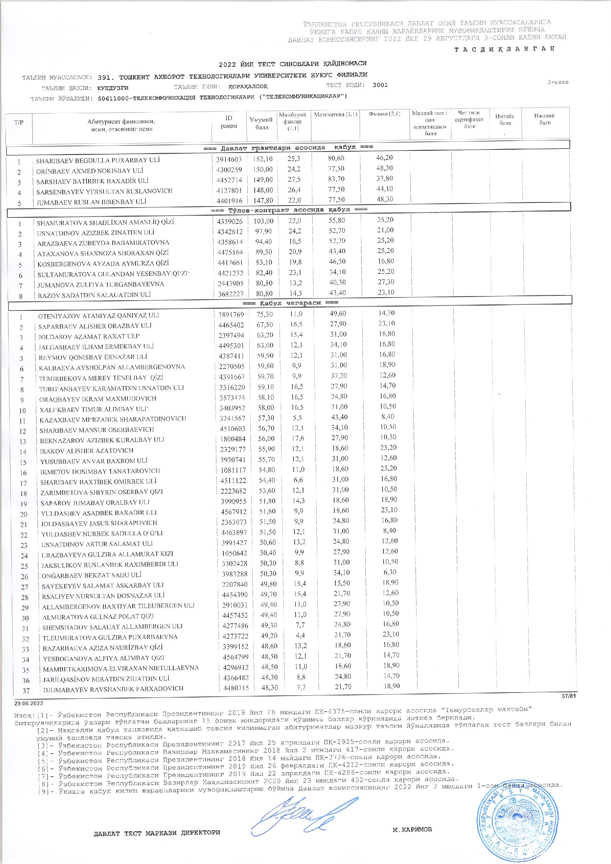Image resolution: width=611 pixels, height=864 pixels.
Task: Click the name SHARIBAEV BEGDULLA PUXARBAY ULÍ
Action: tap(98, 160)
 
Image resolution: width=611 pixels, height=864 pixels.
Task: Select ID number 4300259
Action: tap(229, 170)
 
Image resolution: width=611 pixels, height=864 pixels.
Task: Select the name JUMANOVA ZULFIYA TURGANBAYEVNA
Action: tap(100, 284)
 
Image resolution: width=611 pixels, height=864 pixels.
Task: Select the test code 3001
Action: tap(380, 85)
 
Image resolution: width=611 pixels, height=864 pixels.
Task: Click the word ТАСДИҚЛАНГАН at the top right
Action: tap(504, 49)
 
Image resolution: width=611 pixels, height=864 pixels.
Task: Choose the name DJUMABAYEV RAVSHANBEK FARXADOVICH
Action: tap(113, 689)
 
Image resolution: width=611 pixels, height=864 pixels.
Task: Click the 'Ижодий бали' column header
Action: tap(544, 119)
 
